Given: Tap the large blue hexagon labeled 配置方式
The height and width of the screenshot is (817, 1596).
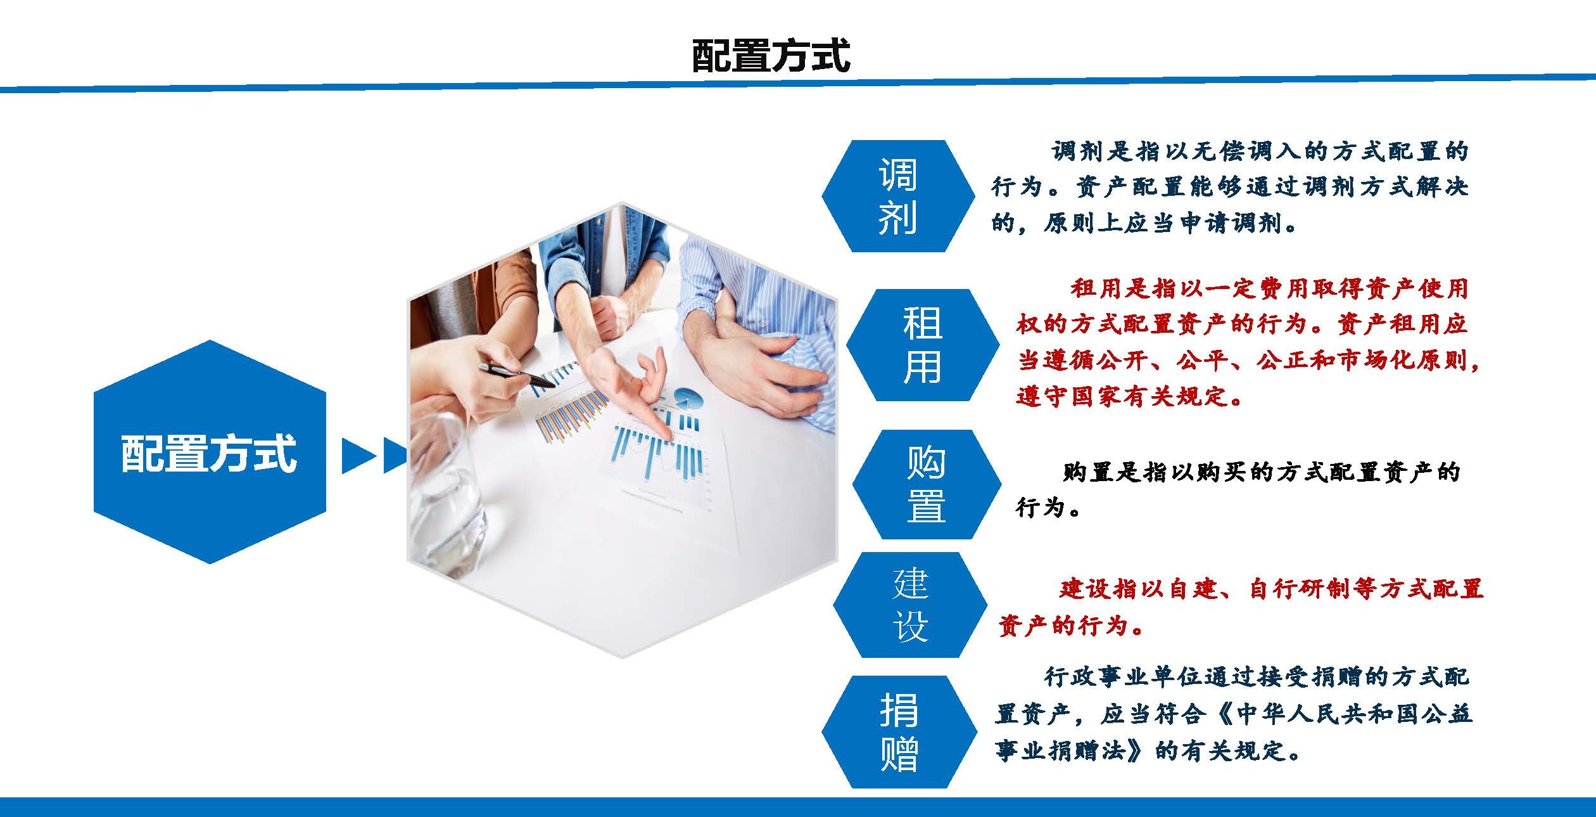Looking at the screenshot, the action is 210,452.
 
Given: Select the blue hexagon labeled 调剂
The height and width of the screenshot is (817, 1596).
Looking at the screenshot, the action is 898,196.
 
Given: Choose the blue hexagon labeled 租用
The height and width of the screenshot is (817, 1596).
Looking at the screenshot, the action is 923,345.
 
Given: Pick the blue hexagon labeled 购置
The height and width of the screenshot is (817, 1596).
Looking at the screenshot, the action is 927,484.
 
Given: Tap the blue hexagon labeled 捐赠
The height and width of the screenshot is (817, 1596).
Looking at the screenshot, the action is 899,731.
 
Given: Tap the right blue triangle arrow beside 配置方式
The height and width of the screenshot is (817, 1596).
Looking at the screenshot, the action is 395,456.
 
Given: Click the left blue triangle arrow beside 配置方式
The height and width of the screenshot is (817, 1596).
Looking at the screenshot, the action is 359,456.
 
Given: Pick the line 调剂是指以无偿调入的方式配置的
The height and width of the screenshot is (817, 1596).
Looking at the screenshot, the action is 1260,151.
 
